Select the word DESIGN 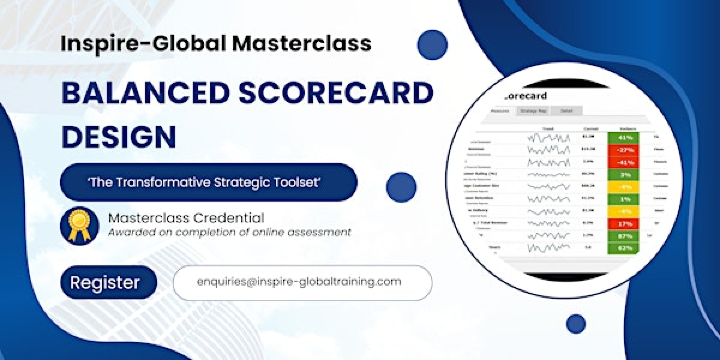pyautogui.click(x=119, y=136)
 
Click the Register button pyautogui.click(x=105, y=283)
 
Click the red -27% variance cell pyautogui.click(x=626, y=148)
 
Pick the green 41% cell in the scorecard pyautogui.click(x=627, y=135)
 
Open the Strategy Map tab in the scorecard pyautogui.click(x=534, y=111)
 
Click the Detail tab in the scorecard pyautogui.click(x=565, y=111)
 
